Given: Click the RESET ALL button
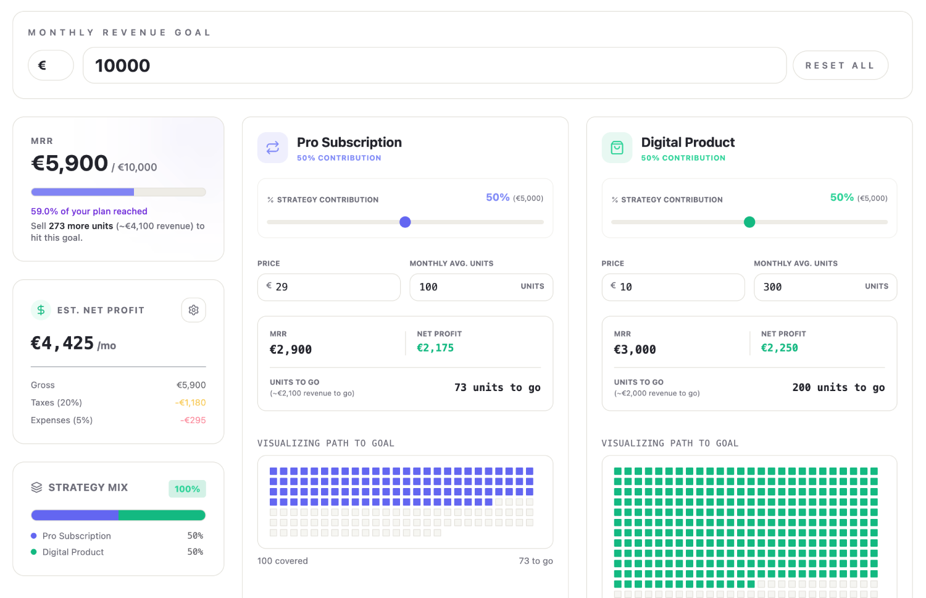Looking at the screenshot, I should pyautogui.click(x=840, y=65).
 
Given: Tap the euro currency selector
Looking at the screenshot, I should pyautogui.click(x=51, y=65).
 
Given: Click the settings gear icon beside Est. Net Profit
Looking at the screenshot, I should pyautogui.click(x=194, y=310).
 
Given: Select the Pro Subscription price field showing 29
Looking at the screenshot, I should pyautogui.click(x=329, y=287).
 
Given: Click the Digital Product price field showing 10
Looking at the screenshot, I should pyautogui.click(x=673, y=287).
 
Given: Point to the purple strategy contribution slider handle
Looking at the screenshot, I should pyautogui.click(x=405, y=222).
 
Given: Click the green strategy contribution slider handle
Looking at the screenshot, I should pyautogui.click(x=749, y=222).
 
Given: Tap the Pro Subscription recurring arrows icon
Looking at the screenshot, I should pyautogui.click(x=273, y=148).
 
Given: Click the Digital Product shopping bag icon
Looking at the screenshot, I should pyautogui.click(x=617, y=148).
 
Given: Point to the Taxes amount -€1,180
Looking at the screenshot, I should pyautogui.click(x=190, y=403).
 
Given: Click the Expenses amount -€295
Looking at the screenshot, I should pyautogui.click(x=193, y=420).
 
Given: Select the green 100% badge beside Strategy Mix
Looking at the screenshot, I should pyautogui.click(x=187, y=489).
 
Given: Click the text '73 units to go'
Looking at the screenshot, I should pyautogui.click(x=497, y=387).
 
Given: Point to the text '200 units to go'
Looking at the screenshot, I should pyautogui.click(x=838, y=387).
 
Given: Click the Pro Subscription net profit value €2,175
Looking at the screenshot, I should pyautogui.click(x=435, y=348).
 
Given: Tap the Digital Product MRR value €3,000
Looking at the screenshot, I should pyautogui.click(x=635, y=350).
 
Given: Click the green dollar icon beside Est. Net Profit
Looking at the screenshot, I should pyautogui.click(x=41, y=310).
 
